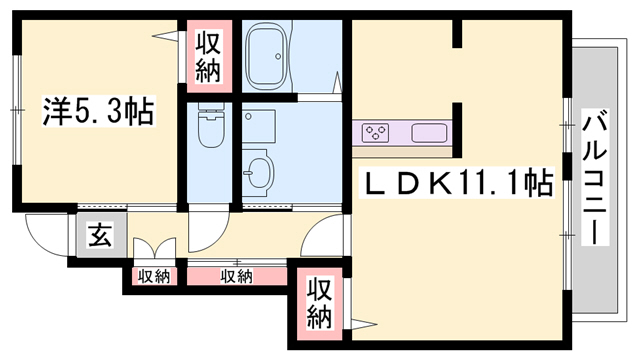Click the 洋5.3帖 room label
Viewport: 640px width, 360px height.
point(97,112)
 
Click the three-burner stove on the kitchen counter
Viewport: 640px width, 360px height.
point(377,132)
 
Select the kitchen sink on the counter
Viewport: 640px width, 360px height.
point(431,132)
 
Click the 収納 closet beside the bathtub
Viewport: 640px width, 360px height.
point(208,57)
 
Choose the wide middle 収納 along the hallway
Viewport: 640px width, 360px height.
point(236,275)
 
